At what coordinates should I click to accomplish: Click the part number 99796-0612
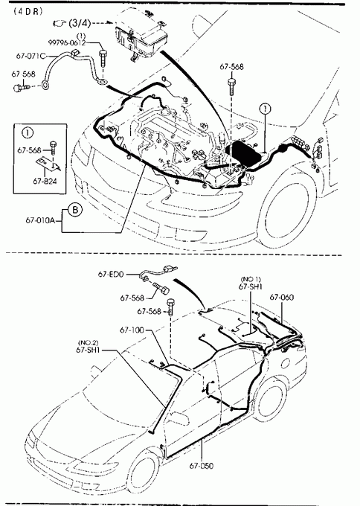pyautogui.click(x=67, y=42)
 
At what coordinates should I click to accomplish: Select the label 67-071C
pyautogui.click(x=30, y=56)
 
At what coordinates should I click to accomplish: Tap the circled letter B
pyautogui.click(x=75, y=210)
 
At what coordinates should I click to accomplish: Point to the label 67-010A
pyautogui.click(x=40, y=221)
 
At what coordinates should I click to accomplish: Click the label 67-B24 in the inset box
pyautogui.click(x=45, y=182)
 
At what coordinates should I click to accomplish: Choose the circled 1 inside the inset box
pyautogui.click(x=28, y=132)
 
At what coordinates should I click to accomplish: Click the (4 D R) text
pyautogui.click(x=28, y=12)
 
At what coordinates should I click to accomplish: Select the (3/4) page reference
pyautogui.click(x=80, y=23)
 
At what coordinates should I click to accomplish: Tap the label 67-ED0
pyautogui.click(x=111, y=274)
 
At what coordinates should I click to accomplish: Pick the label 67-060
pyautogui.click(x=282, y=297)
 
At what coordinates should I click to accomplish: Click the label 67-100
pyautogui.click(x=132, y=330)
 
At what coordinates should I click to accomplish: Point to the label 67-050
pyautogui.click(x=202, y=466)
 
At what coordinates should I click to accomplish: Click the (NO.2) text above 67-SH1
pyautogui.click(x=88, y=342)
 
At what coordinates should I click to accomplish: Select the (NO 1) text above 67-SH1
pyautogui.click(x=251, y=279)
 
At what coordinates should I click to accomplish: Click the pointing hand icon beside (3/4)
pyautogui.click(x=59, y=23)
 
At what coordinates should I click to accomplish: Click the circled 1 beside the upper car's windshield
pyautogui.click(x=265, y=109)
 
